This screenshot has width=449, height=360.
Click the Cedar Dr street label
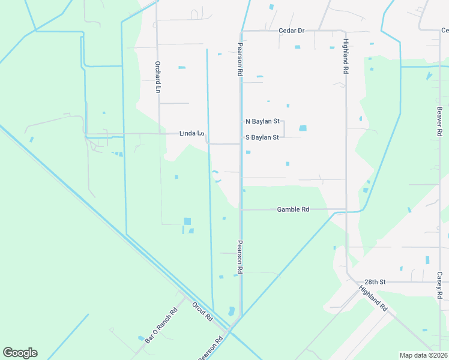tap(292, 30)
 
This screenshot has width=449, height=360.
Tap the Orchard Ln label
tap(158, 77)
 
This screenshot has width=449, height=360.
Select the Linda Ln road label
tap(192, 133)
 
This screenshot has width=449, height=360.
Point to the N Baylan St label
tap(262, 121)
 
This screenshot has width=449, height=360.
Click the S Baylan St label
tap(262, 137)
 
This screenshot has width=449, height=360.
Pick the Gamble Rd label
tap(293, 209)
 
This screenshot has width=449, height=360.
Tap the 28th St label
tap(374, 281)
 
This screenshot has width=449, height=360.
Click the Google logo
tap(20, 353)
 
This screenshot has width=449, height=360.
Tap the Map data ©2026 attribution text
tap(423, 355)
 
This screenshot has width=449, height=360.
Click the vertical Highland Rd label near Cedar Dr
tap(346, 57)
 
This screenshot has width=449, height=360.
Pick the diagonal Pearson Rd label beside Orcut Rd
tap(211, 347)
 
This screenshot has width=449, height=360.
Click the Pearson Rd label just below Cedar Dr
tap(240, 59)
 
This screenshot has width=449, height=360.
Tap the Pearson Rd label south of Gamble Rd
tap(240, 257)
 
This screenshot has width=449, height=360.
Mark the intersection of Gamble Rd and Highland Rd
tap(346, 209)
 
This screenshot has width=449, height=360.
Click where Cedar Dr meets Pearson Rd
tap(241, 31)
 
